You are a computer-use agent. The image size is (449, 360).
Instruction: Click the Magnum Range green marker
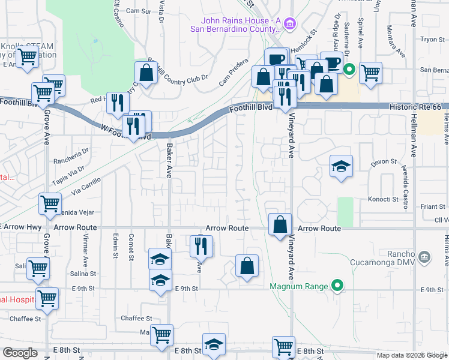[338, 286]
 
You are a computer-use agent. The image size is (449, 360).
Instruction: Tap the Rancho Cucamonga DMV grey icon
[424, 257]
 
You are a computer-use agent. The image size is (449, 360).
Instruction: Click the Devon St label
[385, 161]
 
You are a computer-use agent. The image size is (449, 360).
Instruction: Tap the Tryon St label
[432, 39]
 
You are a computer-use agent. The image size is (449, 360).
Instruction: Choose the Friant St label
[432, 206]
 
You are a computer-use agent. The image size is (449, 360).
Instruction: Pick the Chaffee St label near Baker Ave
[136, 318]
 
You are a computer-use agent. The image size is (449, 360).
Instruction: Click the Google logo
[20, 353]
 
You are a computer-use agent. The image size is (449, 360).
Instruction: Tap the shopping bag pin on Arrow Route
[280, 225]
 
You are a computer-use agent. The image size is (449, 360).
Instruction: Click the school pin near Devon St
[341, 166]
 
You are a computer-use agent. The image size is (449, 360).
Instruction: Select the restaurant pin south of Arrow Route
[201, 246]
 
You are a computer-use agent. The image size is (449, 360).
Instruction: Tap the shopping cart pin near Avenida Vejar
[50, 203]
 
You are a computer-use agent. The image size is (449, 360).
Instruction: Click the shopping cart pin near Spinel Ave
[371, 73]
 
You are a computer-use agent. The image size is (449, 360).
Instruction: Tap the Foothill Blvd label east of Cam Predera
[250, 109]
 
